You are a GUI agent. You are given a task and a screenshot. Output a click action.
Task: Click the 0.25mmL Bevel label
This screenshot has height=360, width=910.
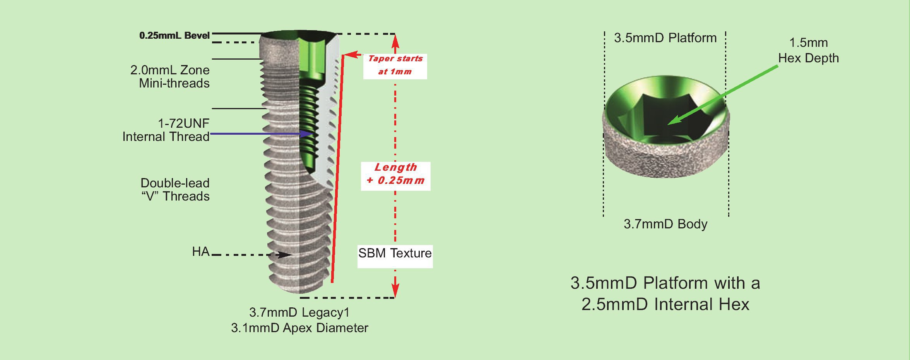tap(174, 36)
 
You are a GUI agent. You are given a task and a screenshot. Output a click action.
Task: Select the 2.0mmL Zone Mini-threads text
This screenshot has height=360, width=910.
tap(170, 77)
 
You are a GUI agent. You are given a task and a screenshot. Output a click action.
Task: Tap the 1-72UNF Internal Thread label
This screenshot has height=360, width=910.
tap(166, 130)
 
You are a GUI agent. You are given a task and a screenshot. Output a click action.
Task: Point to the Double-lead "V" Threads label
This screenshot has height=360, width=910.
tap(175, 190)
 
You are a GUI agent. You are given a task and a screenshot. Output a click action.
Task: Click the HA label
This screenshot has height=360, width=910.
tap(200, 252)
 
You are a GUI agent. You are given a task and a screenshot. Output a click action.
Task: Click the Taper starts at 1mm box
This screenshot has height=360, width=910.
tap(395, 66)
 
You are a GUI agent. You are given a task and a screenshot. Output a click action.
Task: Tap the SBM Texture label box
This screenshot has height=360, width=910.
tap(395, 254)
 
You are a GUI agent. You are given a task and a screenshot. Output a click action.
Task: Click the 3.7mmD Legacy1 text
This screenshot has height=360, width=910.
tap(299, 312)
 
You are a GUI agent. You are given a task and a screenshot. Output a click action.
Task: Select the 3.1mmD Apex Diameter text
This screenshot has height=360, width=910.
tap(299, 328)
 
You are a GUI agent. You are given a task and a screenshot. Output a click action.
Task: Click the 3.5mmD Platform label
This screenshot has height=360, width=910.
tap(665, 38)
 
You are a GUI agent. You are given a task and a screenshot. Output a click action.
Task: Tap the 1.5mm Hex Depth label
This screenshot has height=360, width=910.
tap(808, 50)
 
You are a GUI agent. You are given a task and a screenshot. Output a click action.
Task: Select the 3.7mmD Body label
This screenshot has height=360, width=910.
tap(665, 224)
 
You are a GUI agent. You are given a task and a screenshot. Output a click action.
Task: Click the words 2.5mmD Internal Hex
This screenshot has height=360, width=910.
tap(665, 304)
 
